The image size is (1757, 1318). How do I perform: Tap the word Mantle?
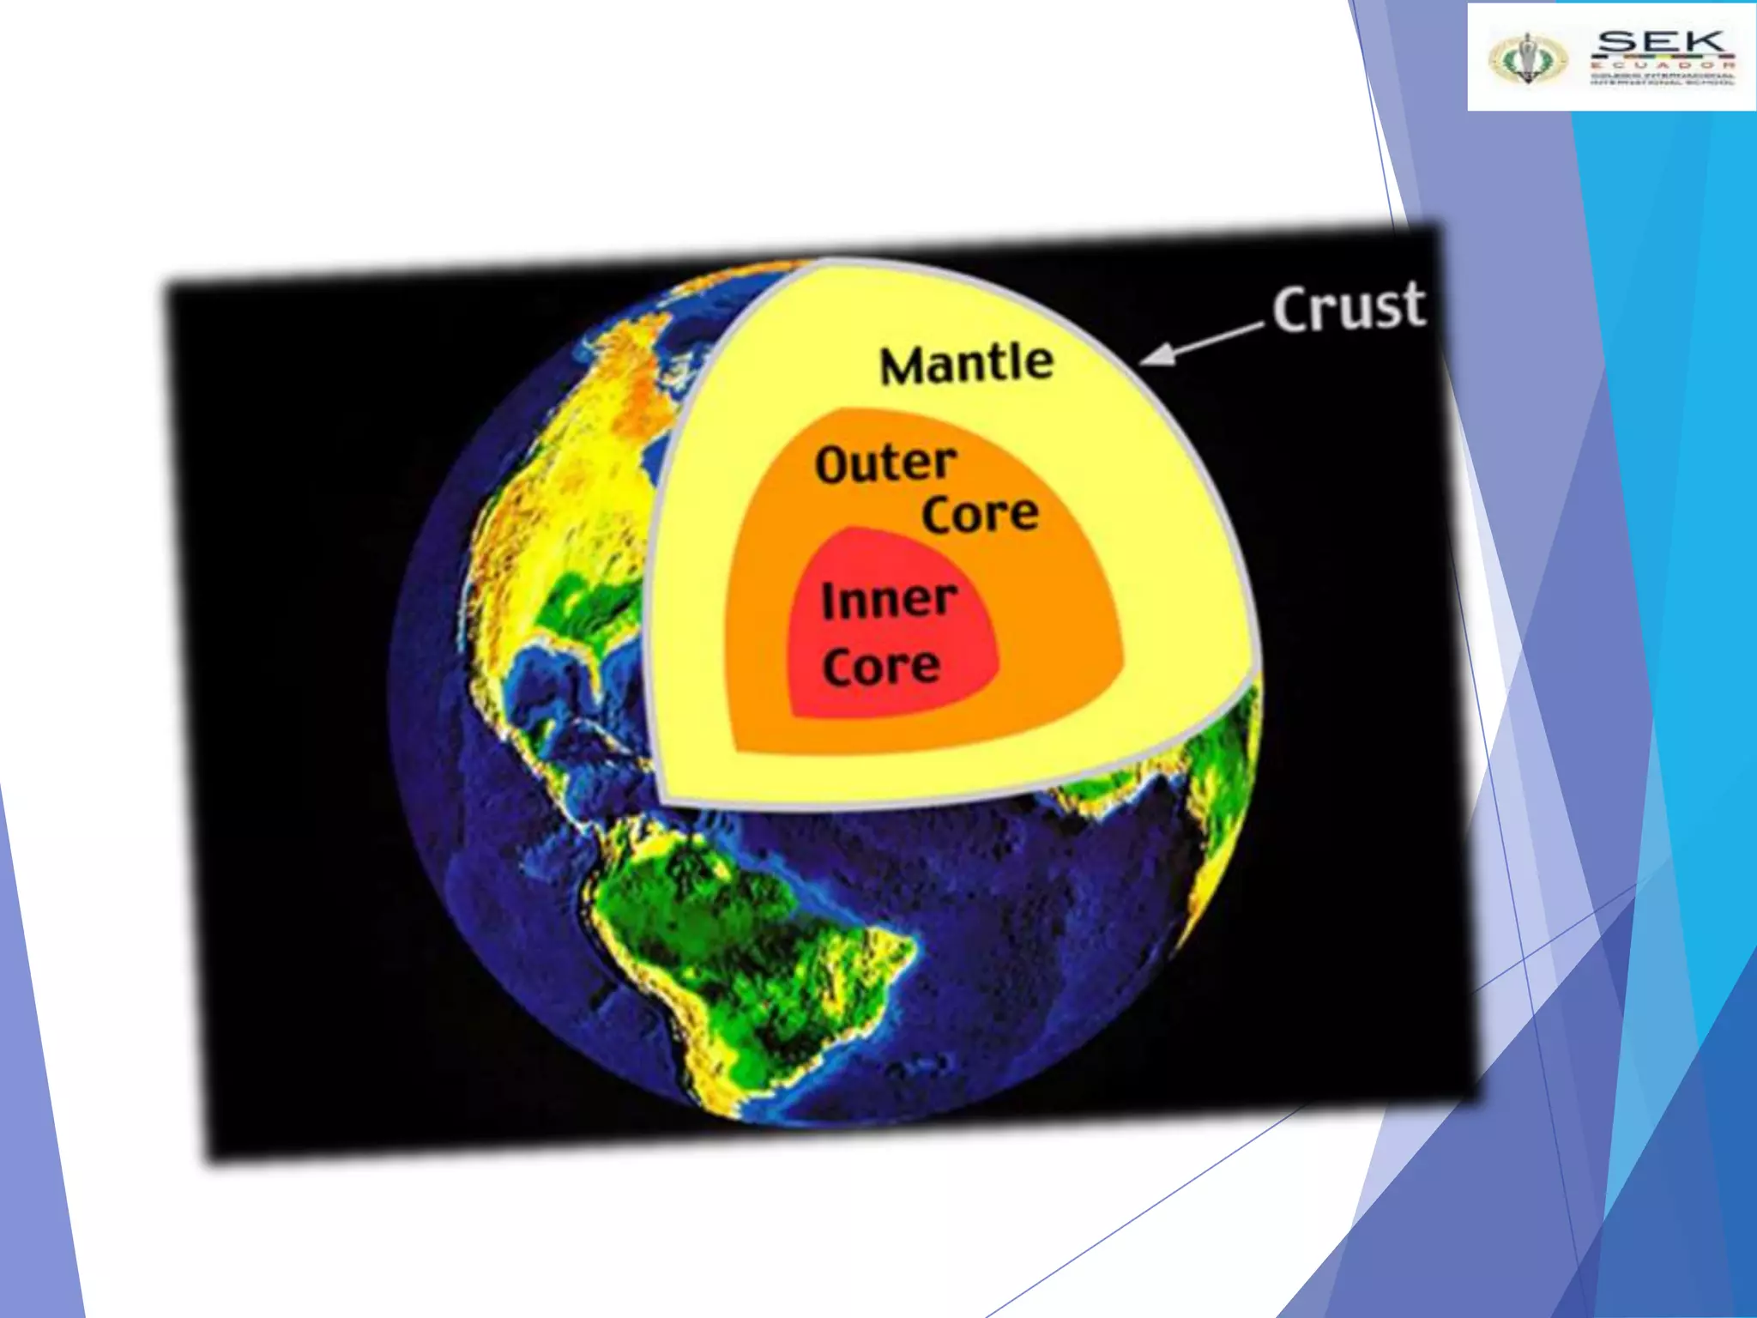tap(967, 364)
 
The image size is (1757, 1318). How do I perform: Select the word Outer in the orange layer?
tap(885, 464)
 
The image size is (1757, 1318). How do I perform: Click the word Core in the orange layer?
tap(980, 514)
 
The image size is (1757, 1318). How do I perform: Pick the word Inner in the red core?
tap(889, 600)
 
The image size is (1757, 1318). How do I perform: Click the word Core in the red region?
tap(881, 667)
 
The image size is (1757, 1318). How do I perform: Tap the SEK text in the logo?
tap(1661, 41)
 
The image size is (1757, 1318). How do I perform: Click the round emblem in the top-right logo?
tap(1527, 58)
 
